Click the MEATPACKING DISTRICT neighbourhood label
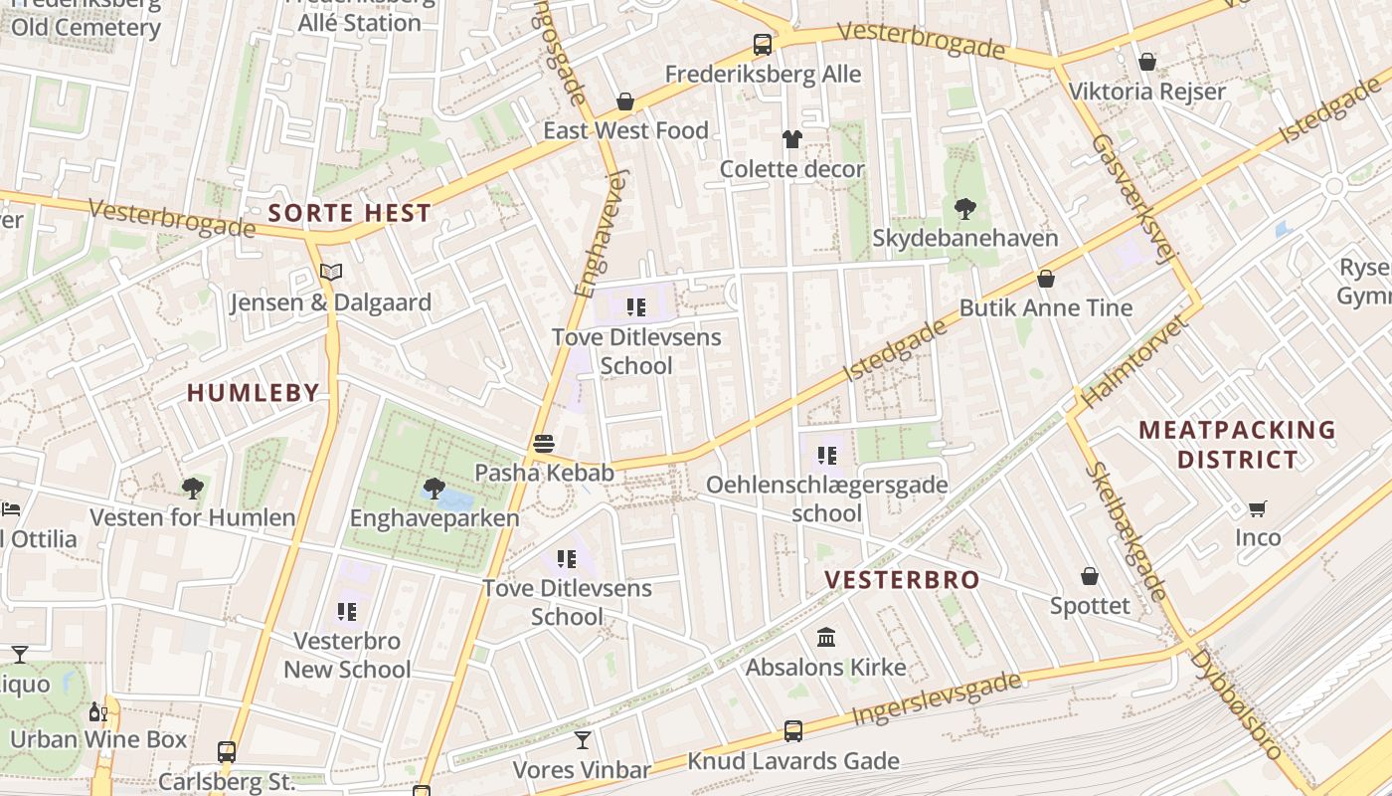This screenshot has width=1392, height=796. coord(1237,445)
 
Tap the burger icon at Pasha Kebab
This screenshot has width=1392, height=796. coord(543,443)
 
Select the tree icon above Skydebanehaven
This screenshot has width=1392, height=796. coord(964,208)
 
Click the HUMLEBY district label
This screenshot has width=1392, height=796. coord(254,393)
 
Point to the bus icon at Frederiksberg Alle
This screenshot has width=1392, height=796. coord(763,45)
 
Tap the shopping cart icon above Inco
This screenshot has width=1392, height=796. coord(1257,508)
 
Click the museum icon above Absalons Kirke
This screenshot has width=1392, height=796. coord(826,637)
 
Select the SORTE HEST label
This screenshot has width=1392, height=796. coord(350,213)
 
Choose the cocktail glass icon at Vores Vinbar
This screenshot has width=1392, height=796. coord(583,740)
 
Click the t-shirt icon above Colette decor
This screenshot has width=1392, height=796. coord(791,139)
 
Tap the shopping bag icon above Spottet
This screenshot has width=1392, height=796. coord(1090,576)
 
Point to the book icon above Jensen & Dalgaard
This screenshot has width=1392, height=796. coord(330,272)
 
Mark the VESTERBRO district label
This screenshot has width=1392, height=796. coord(902,580)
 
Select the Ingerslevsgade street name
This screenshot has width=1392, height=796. coord(936,700)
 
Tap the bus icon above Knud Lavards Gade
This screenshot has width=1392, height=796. coord(792,731)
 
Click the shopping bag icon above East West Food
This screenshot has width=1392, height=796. coord(625,101)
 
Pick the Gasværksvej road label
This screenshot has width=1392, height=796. coord(1133,199)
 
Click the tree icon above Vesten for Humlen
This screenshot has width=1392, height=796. coord(193,488)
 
